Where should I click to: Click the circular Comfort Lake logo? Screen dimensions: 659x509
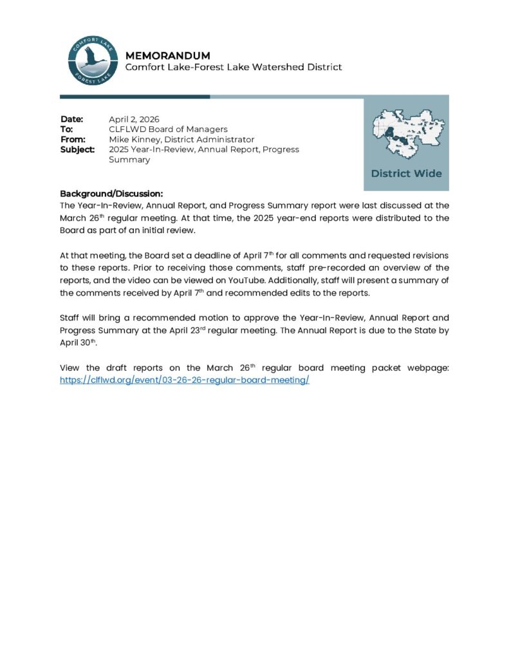(x=92, y=60)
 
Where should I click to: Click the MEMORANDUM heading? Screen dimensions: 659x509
(x=167, y=55)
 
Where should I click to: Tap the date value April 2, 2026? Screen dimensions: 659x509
(x=134, y=119)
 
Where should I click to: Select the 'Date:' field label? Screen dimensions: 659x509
(x=72, y=119)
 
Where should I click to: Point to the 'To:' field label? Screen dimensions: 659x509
(x=66, y=129)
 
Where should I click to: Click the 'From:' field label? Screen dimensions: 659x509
(x=73, y=139)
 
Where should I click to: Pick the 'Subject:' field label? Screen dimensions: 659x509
(x=77, y=149)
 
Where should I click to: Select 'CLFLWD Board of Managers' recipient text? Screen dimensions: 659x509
(x=168, y=129)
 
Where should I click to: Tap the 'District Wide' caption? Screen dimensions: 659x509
(x=406, y=174)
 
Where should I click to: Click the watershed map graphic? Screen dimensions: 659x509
(x=405, y=134)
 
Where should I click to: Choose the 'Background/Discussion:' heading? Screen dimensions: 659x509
(x=111, y=194)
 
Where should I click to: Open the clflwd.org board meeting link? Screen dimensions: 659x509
(x=185, y=380)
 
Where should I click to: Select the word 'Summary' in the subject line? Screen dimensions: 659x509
(x=129, y=160)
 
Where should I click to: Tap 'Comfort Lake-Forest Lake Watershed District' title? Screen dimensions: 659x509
(x=233, y=67)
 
